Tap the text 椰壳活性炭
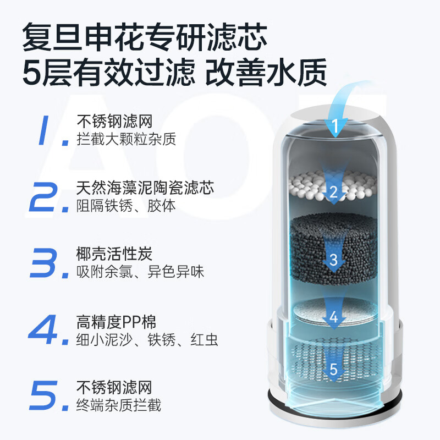[114, 255]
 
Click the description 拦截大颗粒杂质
[126, 139]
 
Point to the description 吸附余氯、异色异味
[140, 272]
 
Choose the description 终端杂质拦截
[119, 405]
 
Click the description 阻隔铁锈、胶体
[126, 206]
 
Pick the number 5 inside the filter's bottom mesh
[333, 370]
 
